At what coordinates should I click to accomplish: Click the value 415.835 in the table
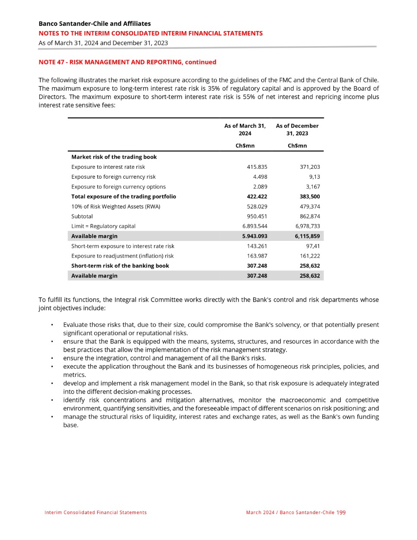[x=257, y=167]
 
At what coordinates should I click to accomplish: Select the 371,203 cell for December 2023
[x=310, y=167]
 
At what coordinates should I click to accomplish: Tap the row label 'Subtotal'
[x=82, y=216]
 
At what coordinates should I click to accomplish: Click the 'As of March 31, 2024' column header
[x=245, y=129]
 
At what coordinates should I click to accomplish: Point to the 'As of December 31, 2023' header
[x=297, y=129]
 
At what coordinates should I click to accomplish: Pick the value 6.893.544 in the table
[x=255, y=226]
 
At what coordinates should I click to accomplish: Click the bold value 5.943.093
[x=255, y=236]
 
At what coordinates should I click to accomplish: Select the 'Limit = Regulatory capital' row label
[x=103, y=226]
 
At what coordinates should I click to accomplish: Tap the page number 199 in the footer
[x=341, y=512]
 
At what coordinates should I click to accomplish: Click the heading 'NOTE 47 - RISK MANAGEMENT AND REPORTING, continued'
[x=127, y=62]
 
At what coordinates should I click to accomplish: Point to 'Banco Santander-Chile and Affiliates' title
[x=95, y=24]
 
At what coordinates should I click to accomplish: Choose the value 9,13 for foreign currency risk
[x=315, y=177]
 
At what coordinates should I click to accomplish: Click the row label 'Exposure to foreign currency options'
[x=118, y=186]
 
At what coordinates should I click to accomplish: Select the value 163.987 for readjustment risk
[x=257, y=256]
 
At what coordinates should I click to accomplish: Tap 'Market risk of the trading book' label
[x=114, y=157]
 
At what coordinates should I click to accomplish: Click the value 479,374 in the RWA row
[x=310, y=206]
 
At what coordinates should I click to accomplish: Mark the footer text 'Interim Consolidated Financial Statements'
[x=95, y=512]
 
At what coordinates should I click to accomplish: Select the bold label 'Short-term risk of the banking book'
[x=120, y=266]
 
